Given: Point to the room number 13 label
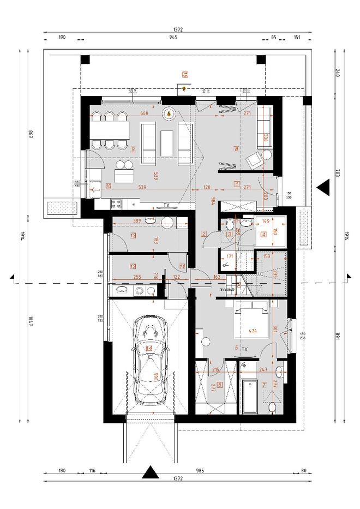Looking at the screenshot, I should [133, 235].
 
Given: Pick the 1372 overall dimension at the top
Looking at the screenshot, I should [178, 29].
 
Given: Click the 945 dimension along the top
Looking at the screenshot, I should [173, 39].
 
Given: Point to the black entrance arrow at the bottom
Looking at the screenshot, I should [149, 472].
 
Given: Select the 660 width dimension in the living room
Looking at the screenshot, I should [144, 113].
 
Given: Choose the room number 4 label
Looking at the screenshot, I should [263, 235].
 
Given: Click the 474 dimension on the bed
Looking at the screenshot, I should [252, 331].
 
